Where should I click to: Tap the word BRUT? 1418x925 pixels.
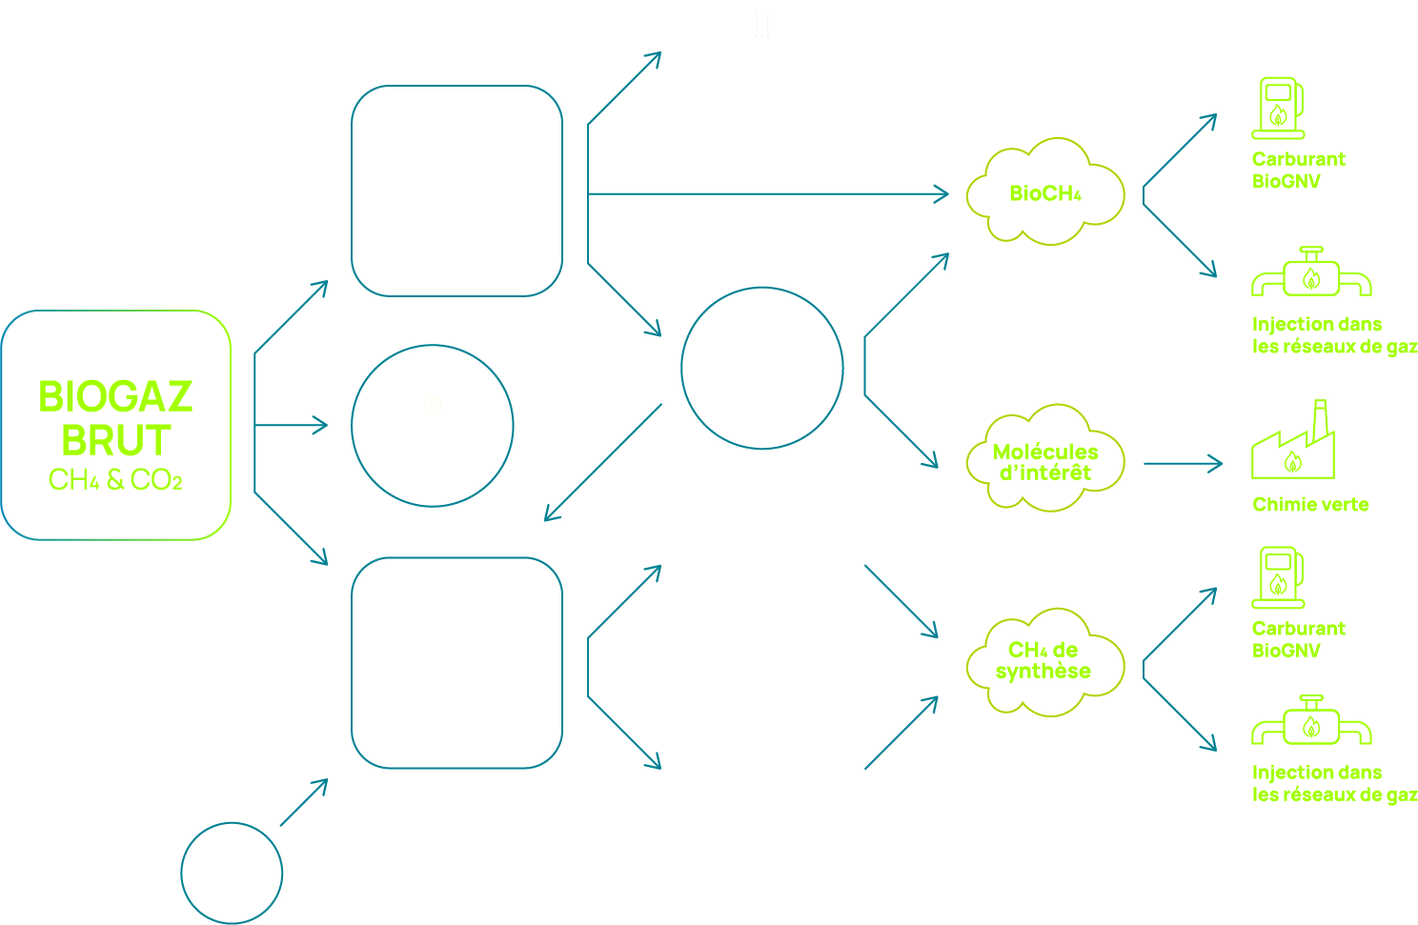pyautogui.click(x=116, y=440)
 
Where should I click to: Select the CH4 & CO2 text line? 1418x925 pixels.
pyautogui.click(x=115, y=480)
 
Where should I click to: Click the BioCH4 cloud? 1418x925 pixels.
pyautogui.click(x=1045, y=193)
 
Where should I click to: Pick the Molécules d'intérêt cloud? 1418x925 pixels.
pyautogui.click(x=1045, y=461)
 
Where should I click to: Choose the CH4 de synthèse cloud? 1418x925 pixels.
pyautogui.click(x=1043, y=660)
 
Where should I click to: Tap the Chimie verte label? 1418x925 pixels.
pyautogui.click(x=1310, y=505)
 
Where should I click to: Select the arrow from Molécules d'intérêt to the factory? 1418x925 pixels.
pyautogui.click(x=1182, y=464)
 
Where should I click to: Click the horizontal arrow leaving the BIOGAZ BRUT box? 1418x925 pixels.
pyautogui.click(x=291, y=425)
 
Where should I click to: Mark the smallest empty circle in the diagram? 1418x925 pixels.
pyautogui.click(x=232, y=873)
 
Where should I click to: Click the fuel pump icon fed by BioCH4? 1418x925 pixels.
pyautogui.click(x=1278, y=108)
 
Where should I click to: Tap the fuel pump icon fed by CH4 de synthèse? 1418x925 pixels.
pyautogui.click(x=1278, y=577)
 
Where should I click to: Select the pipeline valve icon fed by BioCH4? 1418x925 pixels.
pyautogui.click(x=1311, y=273)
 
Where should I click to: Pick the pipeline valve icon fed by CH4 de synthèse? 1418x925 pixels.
pyautogui.click(x=1311, y=722)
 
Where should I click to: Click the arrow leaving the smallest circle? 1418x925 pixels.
pyautogui.click(x=304, y=802)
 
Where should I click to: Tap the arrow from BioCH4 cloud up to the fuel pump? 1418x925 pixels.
pyautogui.click(x=1180, y=150)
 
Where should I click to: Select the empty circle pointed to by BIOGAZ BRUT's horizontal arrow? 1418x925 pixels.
pyautogui.click(x=433, y=426)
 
